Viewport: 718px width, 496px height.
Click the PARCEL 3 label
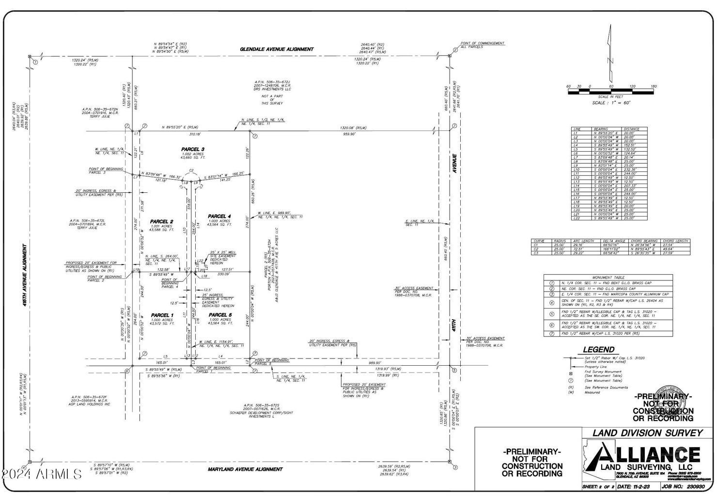193,149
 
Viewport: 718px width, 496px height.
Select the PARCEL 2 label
161,222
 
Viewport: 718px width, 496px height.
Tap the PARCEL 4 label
219,216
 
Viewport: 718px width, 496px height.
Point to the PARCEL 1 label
162,315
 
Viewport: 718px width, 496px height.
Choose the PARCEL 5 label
220,315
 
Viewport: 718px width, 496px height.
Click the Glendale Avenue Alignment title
277,49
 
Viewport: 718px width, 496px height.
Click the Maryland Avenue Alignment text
245,469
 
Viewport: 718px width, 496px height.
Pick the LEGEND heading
598,349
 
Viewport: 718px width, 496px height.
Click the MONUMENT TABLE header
608,277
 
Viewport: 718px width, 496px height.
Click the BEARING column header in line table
601,129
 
